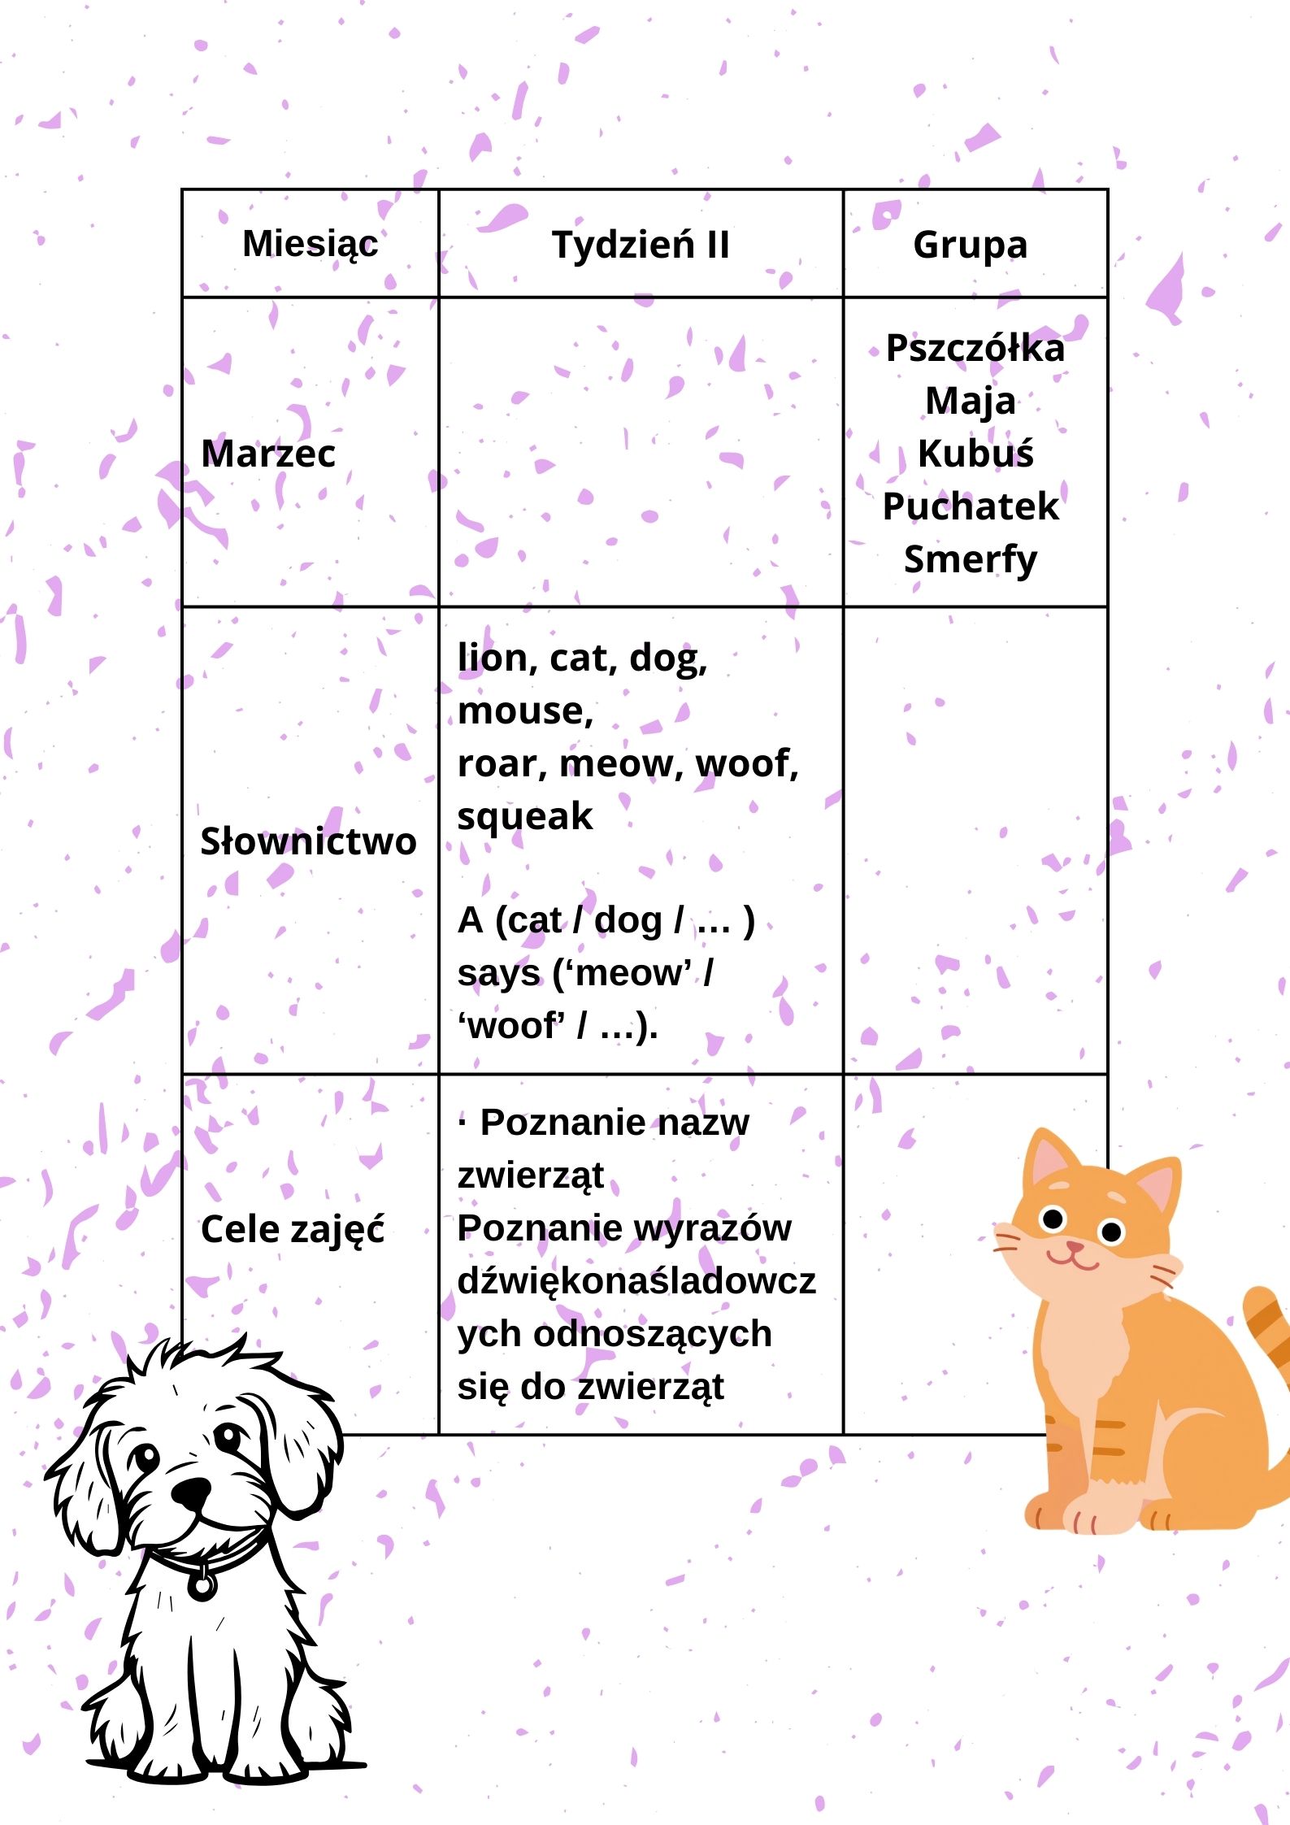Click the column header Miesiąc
[310, 244]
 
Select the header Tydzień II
[641, 245]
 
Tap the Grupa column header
[970, 245]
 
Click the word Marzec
[268, 454]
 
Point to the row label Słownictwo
[308, 841]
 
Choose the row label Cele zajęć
[293, 1229]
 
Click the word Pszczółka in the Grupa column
[975, 348]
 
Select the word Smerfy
[971, 559]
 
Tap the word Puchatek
[971, 506]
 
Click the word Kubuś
[975, 454]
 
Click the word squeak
[525, 816]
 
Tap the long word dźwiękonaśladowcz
[636, 1282]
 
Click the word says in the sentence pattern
[498, 974]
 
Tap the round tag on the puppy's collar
[202, 1584]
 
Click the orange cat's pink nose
[1075, 1246]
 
